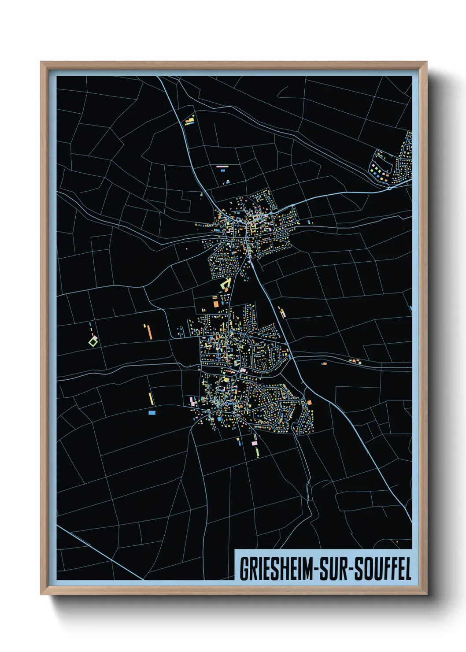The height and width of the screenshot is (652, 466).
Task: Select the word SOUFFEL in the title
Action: (x=383, y=569)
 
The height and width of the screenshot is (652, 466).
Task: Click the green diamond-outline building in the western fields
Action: (x=93, y=341)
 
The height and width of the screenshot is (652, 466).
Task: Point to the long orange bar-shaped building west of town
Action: (x=150, y=331)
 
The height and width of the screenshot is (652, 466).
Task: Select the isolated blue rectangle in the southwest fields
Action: (x=152, y=413)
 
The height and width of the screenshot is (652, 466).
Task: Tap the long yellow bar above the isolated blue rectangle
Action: (x=151, y=399)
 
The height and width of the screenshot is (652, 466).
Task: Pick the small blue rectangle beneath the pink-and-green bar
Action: (x=227, y=182)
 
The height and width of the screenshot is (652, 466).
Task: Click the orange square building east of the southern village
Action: (x=309, y=402)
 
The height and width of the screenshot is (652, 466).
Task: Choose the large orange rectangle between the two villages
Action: (x=216, y=303)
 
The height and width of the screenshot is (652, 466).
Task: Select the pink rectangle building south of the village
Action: (x=254, y=442)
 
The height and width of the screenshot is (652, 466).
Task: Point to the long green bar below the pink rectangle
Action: (x=257, y=452)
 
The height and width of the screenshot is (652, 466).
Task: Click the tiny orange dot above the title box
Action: (x=397, y=541)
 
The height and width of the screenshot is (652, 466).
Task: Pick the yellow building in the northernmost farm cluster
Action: (x=191, y=119)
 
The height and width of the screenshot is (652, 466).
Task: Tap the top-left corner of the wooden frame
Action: (x=41, y=62)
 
